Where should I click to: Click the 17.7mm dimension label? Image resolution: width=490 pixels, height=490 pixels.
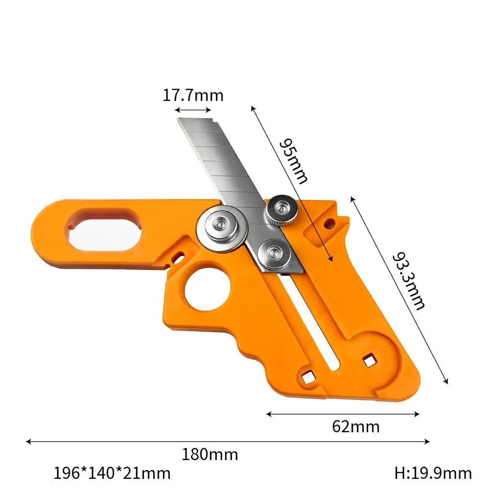tap(193, 95)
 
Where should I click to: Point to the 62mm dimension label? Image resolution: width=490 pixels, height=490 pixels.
tap(355, 426)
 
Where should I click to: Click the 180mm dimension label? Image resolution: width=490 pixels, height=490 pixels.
tap(210, 454)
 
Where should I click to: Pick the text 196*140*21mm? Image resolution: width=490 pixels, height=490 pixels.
tap(112, 473)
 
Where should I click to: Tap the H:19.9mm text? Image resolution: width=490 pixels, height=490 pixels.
tap(433, 473)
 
